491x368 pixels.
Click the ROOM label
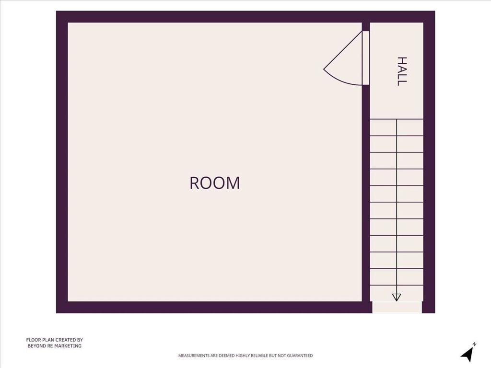pyautogui.click(x=215, y=183)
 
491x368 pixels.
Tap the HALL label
pyautogui.click(x=402, y=71)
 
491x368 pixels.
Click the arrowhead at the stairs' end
pyautogui.click(x=397, y=297)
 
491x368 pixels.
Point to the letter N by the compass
pyautogui.click(x=474, y=344)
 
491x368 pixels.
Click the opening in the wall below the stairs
pyautogui.click(x=397, y=307)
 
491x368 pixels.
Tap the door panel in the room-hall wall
pyautogui.click(x=366, y=57)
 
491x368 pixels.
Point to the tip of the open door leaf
pyautogui.click(x=324, y=69)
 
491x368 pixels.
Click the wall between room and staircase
pyautogui.click(x=366, y=194)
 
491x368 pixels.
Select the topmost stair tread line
pyautogui.click(x=397, y=119)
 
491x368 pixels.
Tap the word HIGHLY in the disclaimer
pyautogui.click(x=244, y=356)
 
